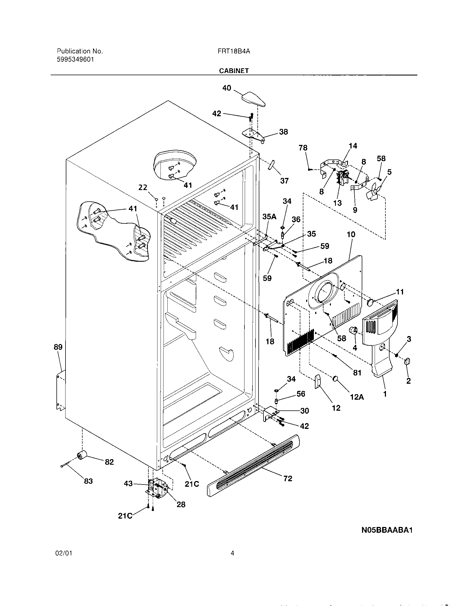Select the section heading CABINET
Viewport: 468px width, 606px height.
(234, 71)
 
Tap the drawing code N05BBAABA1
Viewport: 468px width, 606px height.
(387, 530)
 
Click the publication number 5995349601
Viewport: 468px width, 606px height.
(75, 59)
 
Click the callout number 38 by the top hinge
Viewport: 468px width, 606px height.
(283, 132)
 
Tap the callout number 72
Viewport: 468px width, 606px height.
(288, 479)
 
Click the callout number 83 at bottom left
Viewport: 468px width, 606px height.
(88, 481)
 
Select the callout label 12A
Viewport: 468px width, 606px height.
(357, 397)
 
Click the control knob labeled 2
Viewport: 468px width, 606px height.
(407, 362)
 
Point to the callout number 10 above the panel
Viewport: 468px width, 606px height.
(351, 234)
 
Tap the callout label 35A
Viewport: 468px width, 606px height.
(269, 217)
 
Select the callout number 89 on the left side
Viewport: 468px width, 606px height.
(58, 347)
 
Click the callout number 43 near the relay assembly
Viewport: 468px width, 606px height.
(128, 484)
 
